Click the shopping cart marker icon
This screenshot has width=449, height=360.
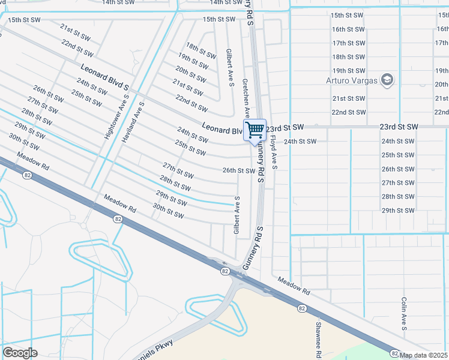coord(255,130)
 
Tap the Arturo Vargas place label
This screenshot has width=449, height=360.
coord(352,80)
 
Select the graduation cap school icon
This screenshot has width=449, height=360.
coord(387,80)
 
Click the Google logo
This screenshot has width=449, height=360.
coord(20,352)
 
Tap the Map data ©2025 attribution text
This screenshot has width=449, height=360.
coord(424,355)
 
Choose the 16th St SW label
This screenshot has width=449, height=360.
coord(348,29)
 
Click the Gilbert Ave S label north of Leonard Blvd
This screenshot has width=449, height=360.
coord(230,68)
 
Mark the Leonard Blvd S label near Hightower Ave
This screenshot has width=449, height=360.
coord(100,80)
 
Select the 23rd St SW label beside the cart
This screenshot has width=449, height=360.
coord(286,128)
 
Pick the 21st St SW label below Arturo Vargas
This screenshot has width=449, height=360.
coord(348,98)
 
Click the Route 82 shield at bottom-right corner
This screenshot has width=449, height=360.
coord(394,353)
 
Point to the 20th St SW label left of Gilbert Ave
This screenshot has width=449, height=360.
coord(191,75)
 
